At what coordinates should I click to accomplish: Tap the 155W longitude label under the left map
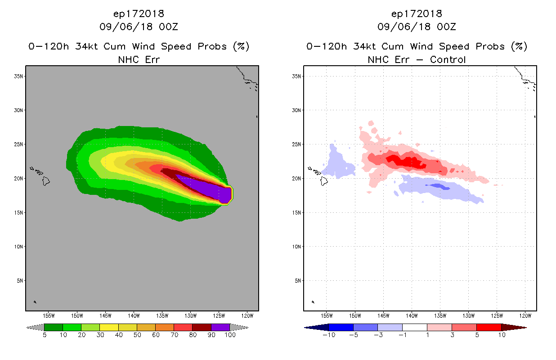(x=48, y=315)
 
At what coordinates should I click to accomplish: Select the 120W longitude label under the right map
(x=525, y=315)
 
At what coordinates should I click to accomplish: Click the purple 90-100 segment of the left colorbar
(x=220, y=327)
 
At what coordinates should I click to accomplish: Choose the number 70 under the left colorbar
(x=174, y=335)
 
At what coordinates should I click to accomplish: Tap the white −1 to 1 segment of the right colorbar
(x=414, y=327)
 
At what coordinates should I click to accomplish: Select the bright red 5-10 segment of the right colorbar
(x=489, y=327)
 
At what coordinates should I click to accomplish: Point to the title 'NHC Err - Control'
(x=417, y=59)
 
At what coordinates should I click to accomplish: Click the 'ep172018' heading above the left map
(x=139, y=13)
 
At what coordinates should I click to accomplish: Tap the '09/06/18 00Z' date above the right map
(x=417, y=27)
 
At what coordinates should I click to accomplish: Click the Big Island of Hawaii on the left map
(x=46, y=181)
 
